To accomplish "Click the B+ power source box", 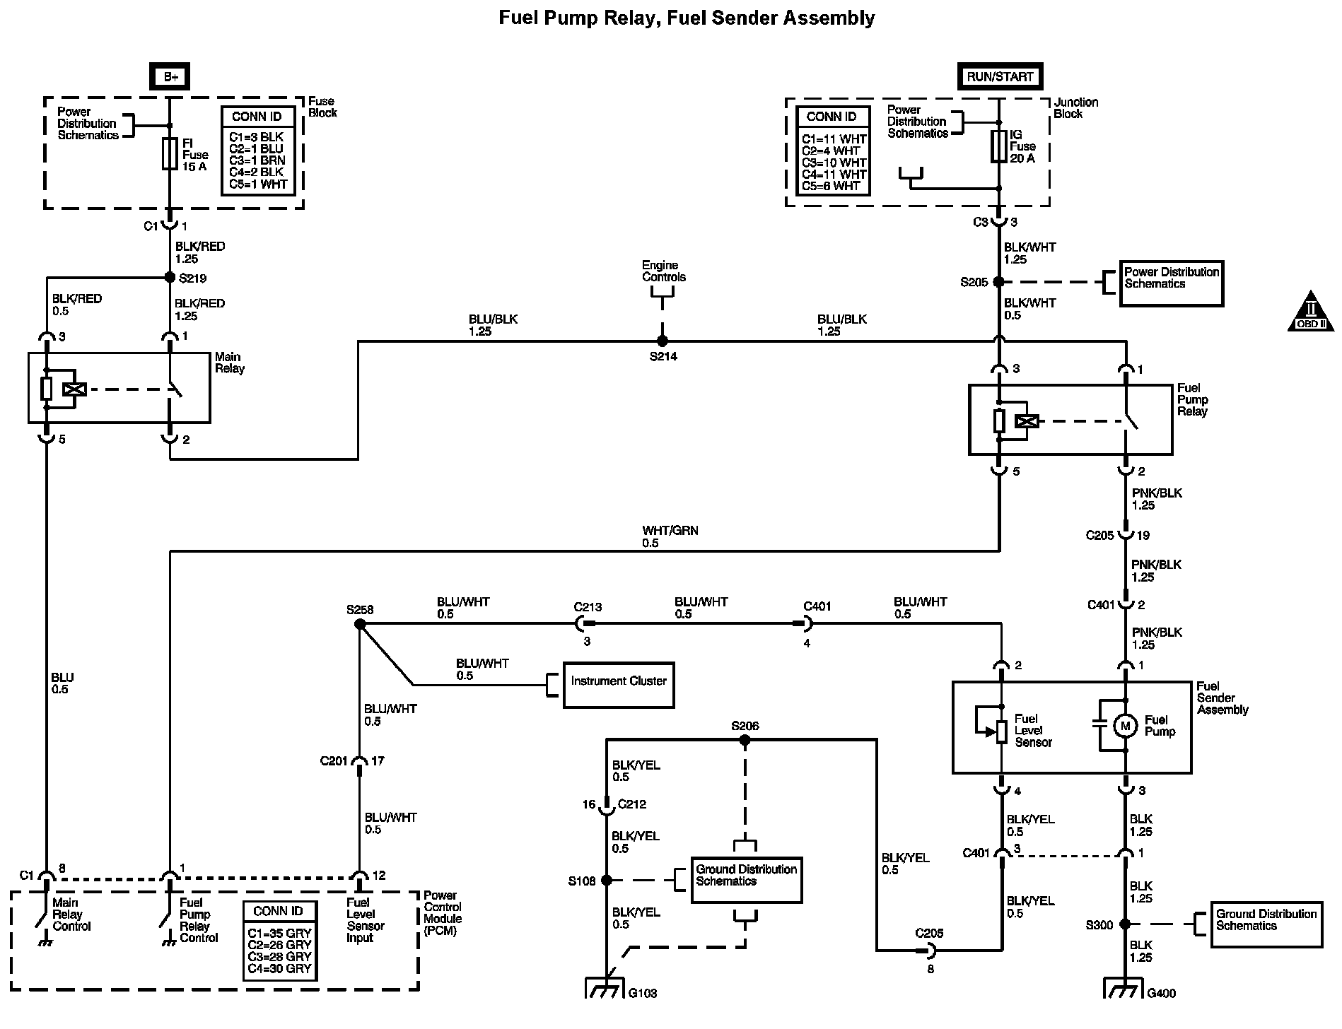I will click(x=170, y=76).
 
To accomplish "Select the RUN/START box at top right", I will click(x=999, y=76).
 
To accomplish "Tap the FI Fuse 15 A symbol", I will click(x=170, y=154).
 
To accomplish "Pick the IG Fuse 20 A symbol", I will click(x=998, y=146).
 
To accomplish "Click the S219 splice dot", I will click(x=170, y=277).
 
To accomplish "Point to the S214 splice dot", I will click(x=663, y=341).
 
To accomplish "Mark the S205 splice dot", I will click(x=998, y=281).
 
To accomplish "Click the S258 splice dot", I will click(x=359, y=624).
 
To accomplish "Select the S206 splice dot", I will click(x=744, y=740).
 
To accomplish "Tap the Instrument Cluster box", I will click(x=619, y=684).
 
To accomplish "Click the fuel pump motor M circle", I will click(x=1125, y=725).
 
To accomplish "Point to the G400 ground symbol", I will click(x=1124, y=987).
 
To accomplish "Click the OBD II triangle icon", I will click(x=1310, y=312).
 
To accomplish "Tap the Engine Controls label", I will click(x=663, y=271).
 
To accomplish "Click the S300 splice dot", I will click(x=1125, y=924).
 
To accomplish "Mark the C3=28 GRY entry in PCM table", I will click(x=280, y=956).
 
